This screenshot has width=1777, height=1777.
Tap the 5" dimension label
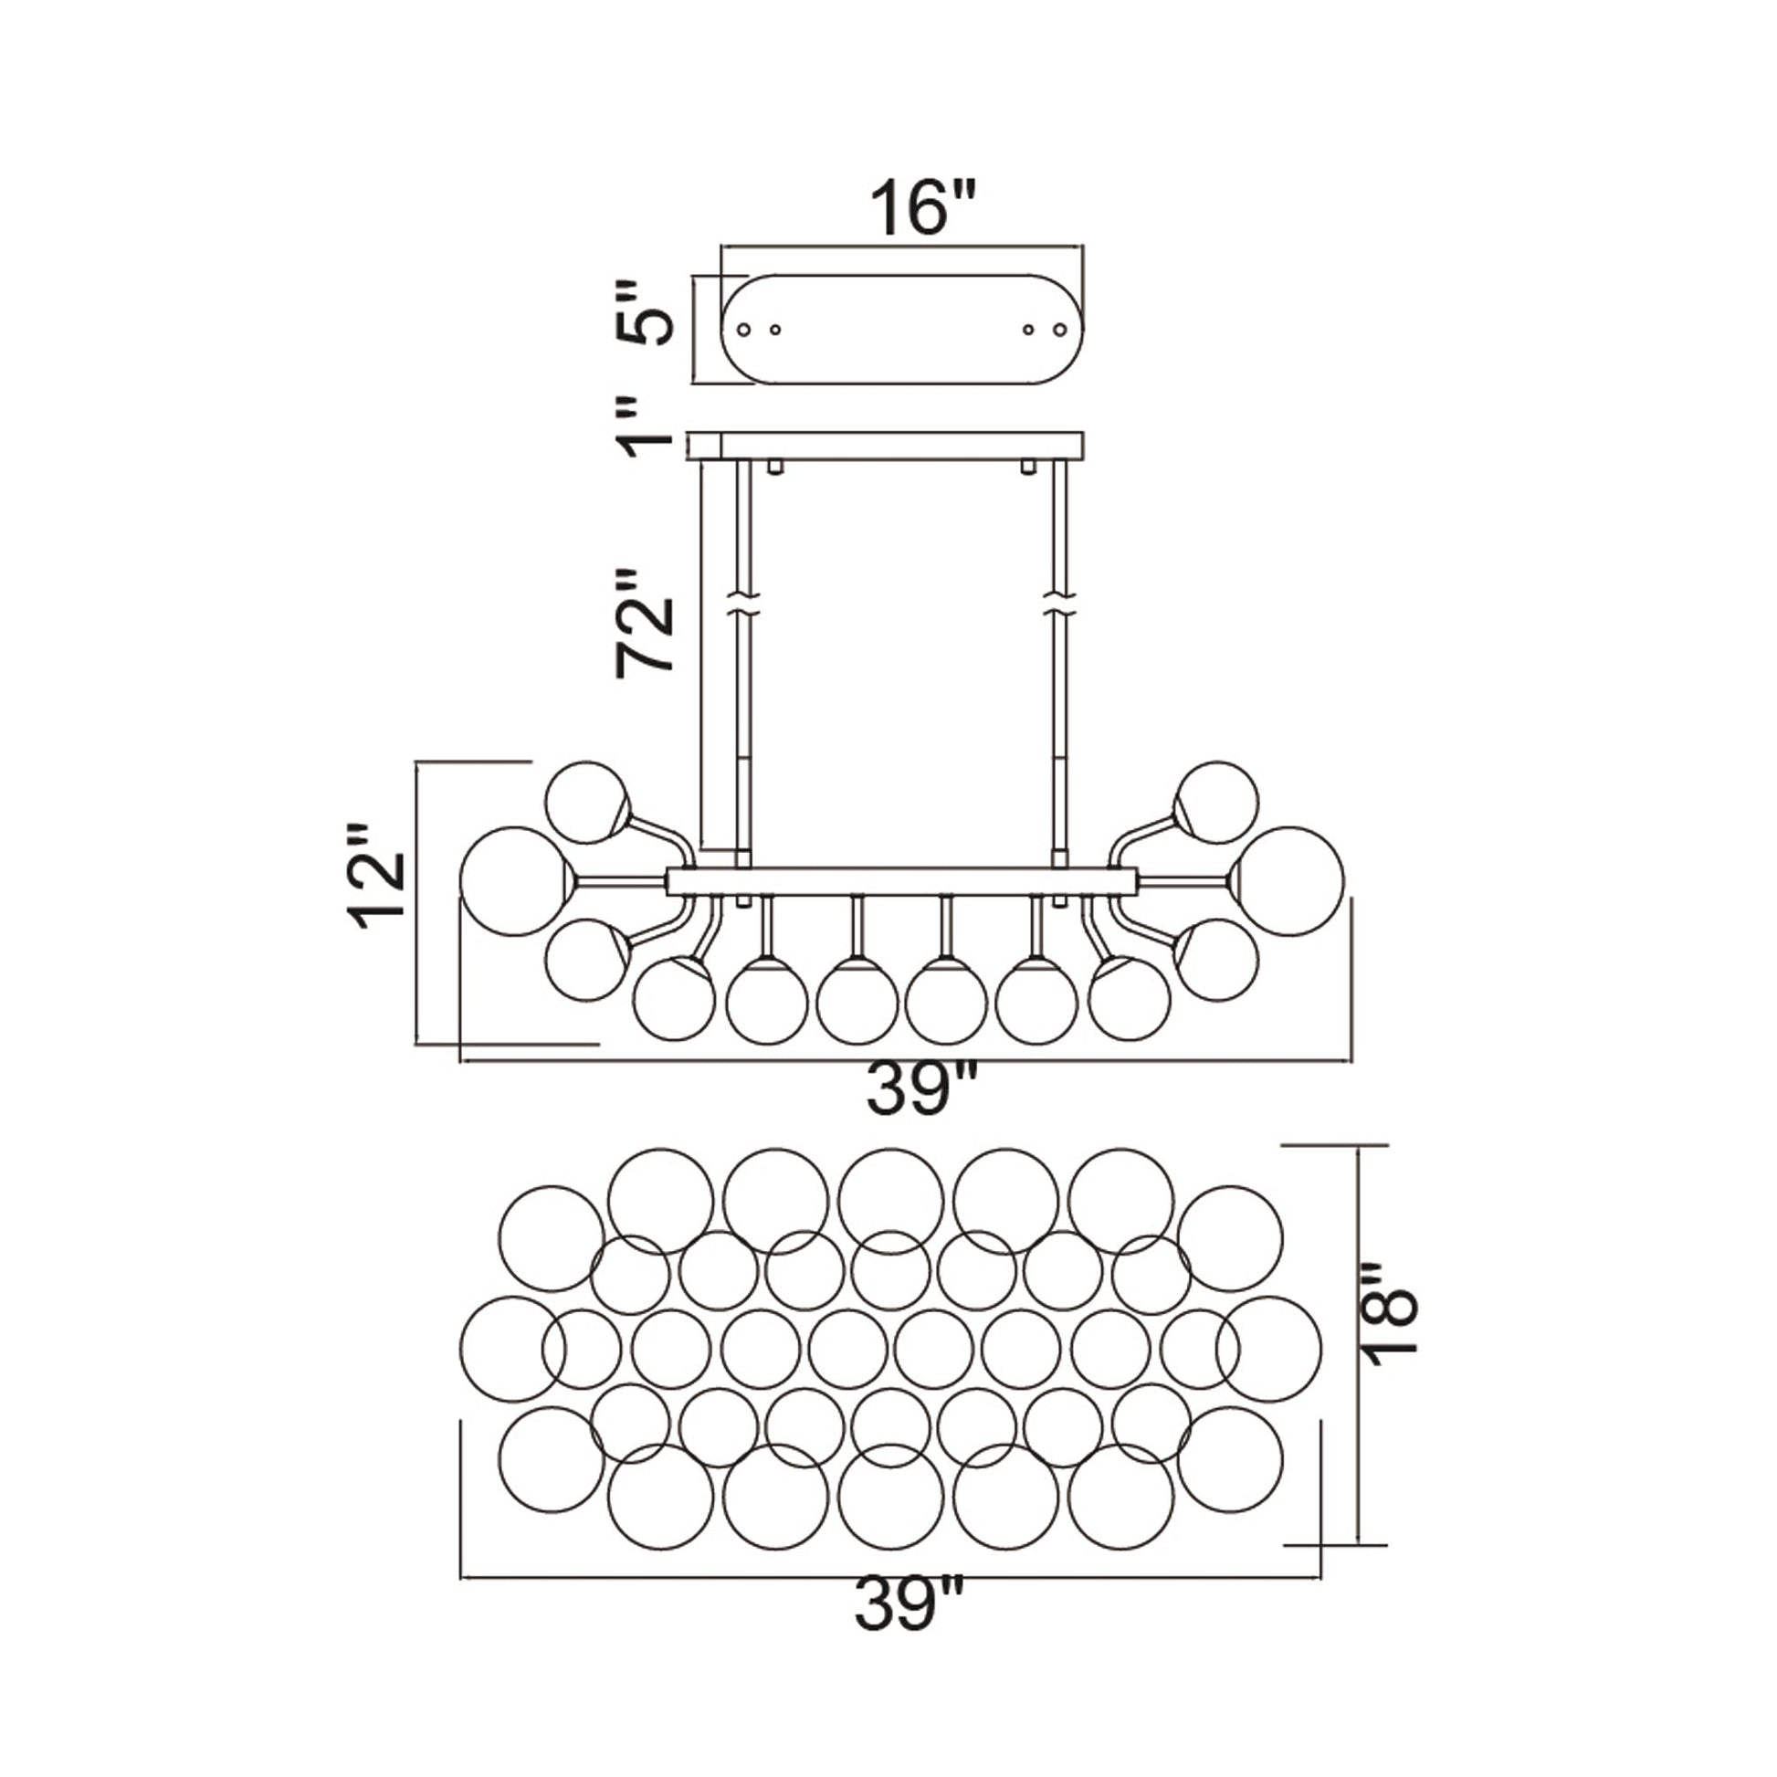pyautogui.click(x=645, y=314)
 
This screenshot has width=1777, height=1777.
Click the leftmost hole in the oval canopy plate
pyautogui.click(x=744, y=329)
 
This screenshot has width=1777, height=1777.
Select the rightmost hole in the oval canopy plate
pyautogui.click(x=1060, y=329)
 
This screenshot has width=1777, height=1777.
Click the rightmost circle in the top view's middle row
pyautogui.click(x=1268, y=1349)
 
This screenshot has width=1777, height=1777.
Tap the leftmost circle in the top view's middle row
pyautogui.click(x=512, y=1349)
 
